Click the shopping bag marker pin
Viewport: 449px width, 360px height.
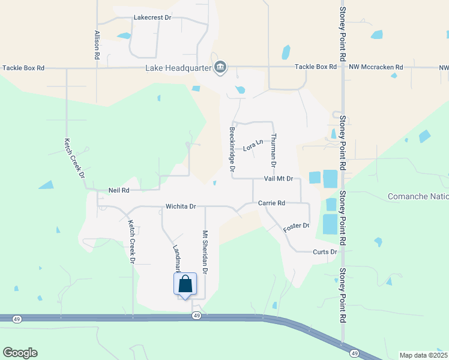[185, 284]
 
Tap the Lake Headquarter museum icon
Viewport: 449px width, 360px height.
[220, 67]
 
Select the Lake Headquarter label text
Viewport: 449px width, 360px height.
[178, 68]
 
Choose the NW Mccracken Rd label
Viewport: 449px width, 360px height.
[376, 67]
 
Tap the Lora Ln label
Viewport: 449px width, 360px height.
[253, 145]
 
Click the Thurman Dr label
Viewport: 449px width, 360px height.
[273, 151]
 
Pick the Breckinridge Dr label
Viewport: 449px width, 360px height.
[232, 148]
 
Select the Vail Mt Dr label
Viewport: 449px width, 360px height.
[279, 179]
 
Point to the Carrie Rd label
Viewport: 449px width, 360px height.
[271, 203]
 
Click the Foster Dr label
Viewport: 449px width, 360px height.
[296, 227]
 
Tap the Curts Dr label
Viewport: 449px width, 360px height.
[325, 252]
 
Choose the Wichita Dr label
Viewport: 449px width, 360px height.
[181, 206]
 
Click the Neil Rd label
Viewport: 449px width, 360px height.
[119, 190]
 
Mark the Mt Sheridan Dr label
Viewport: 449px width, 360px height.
[205, 252]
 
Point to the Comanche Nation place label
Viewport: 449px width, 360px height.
[418, 197]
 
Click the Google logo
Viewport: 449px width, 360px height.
[20, 353]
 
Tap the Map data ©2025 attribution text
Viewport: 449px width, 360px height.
[423, 355]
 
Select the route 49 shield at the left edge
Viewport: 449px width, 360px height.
[17, 319]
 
